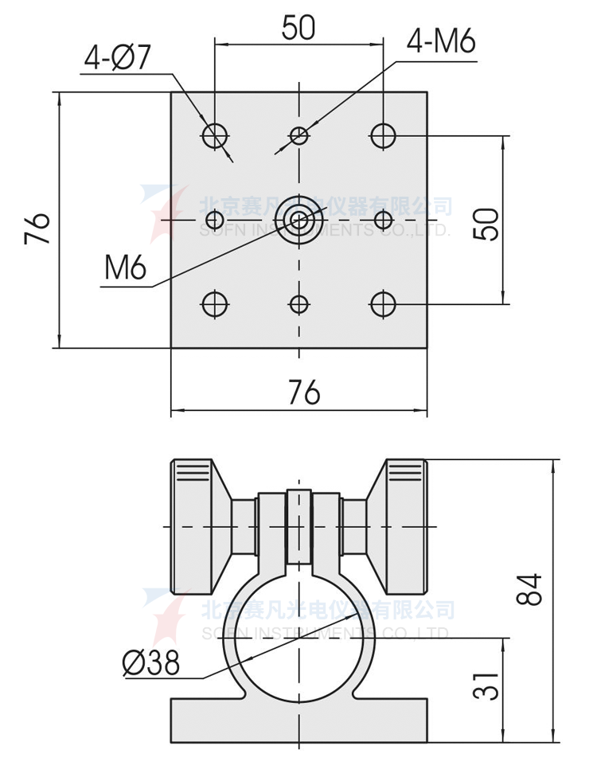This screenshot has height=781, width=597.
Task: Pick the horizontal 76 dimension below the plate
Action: click(303, 392)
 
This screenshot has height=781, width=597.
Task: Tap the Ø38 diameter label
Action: click(150, 662)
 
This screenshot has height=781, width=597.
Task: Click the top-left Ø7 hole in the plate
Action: click(215, 135)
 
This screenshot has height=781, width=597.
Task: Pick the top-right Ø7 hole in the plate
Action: click(383, 135)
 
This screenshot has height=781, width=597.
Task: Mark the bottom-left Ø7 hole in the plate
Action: click(215, 303)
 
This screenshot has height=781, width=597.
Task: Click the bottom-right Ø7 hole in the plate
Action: click(383, 303)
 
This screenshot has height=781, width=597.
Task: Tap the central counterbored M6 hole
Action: click(298, 219)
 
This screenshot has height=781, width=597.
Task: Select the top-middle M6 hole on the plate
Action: click(298, 135)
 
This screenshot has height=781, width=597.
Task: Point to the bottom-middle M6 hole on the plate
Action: click(298, 303)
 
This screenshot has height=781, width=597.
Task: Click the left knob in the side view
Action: click(193, 526)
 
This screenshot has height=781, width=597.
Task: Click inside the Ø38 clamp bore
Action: click(298, 645)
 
